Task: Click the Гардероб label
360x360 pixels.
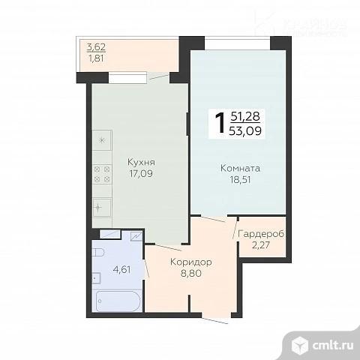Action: [x=261, y=235]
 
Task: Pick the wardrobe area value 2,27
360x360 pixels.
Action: [x=261, y=247]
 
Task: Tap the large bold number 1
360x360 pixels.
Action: [x=220, y=122]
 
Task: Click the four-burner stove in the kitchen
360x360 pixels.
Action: [x=102, y=174]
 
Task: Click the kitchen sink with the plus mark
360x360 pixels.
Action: [x=101, y=205]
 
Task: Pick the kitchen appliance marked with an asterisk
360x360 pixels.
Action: [x=102, y=139]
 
